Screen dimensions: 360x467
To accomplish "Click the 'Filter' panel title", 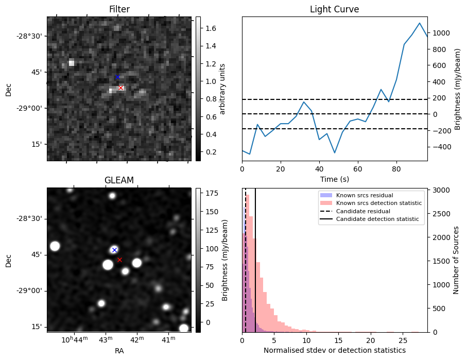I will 119,9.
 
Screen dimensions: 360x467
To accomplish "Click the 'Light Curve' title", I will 334,9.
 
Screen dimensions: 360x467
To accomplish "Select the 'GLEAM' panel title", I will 119,180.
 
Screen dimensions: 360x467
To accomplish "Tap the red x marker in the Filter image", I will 120,88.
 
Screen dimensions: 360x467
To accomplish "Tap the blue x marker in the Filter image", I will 117,77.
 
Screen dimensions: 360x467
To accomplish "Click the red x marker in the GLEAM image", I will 119,260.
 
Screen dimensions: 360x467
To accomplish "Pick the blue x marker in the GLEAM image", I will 114,250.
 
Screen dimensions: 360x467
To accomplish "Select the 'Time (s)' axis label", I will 334,179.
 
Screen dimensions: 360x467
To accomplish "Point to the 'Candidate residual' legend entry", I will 364,212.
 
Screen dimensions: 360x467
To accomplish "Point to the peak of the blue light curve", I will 420,23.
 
